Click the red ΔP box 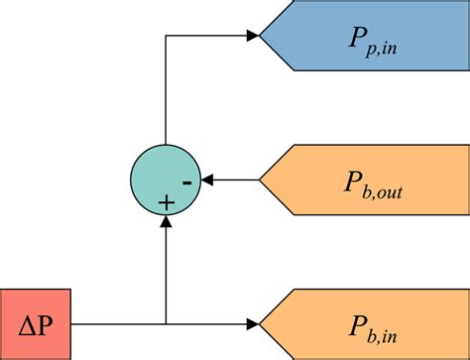tap(36, 323)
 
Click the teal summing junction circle tap(166, 180)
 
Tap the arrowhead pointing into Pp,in tap(253, 36)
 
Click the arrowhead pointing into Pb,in tap(253, 323)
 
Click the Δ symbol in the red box tap(27, 323)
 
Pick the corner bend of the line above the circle tap(166, 36)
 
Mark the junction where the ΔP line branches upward tap(166, 323)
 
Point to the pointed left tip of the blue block tap(261, 36)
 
